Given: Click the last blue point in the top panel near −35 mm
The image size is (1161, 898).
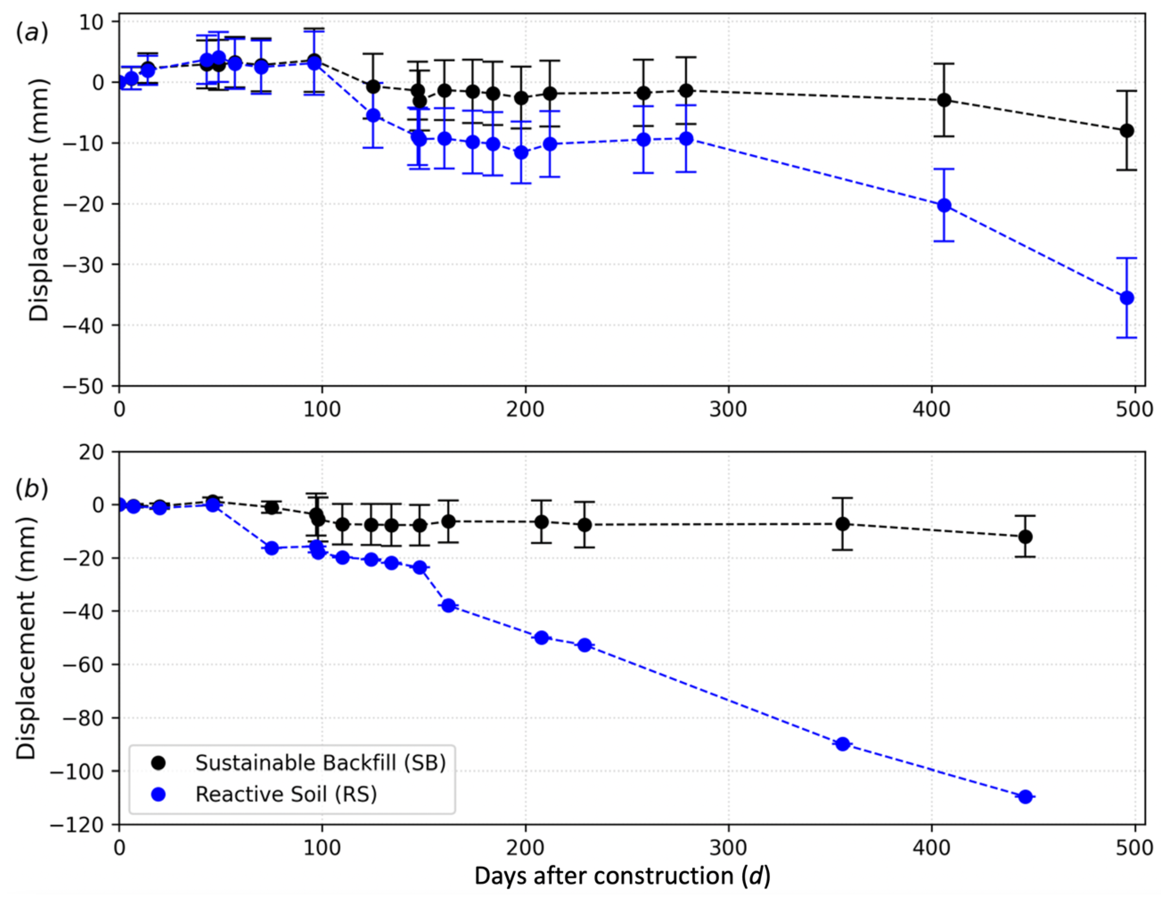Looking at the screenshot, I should (1126, 298).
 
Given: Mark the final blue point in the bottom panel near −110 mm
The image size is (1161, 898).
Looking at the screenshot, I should (1026, 796).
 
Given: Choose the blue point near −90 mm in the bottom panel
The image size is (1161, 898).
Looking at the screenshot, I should (842, 744).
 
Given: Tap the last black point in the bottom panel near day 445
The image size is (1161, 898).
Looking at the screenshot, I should (1026, 537).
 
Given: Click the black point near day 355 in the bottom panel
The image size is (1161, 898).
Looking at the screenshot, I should (842, 524).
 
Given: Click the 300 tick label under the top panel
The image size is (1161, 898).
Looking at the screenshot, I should (728, 409).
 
